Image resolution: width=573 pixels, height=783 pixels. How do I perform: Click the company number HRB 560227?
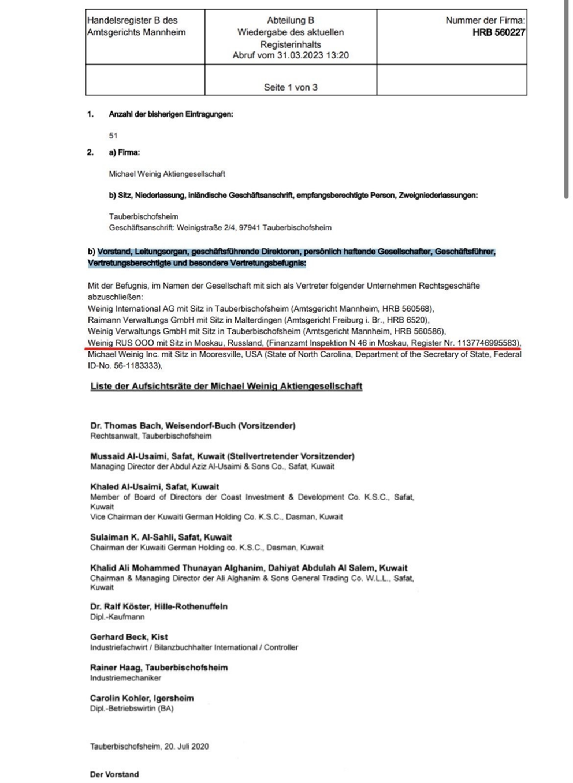tap(498, 32)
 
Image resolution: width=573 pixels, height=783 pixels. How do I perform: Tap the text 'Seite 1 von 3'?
tap(291, 87)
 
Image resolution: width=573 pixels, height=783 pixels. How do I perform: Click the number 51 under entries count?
tap(113, 136)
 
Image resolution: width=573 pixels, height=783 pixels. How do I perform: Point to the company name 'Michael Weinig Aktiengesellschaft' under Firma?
tap(167, 174)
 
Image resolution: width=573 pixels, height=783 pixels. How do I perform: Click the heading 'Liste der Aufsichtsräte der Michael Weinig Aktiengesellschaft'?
tap(226, 386)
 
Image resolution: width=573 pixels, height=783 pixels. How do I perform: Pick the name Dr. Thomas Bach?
tap(126, 426)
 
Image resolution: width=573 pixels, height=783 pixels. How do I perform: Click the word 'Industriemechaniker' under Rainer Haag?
tap(125, 678)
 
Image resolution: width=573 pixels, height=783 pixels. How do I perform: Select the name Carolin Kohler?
tap(118, 698)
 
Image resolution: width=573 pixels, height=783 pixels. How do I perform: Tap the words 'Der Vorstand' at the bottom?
tap(114, 774)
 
